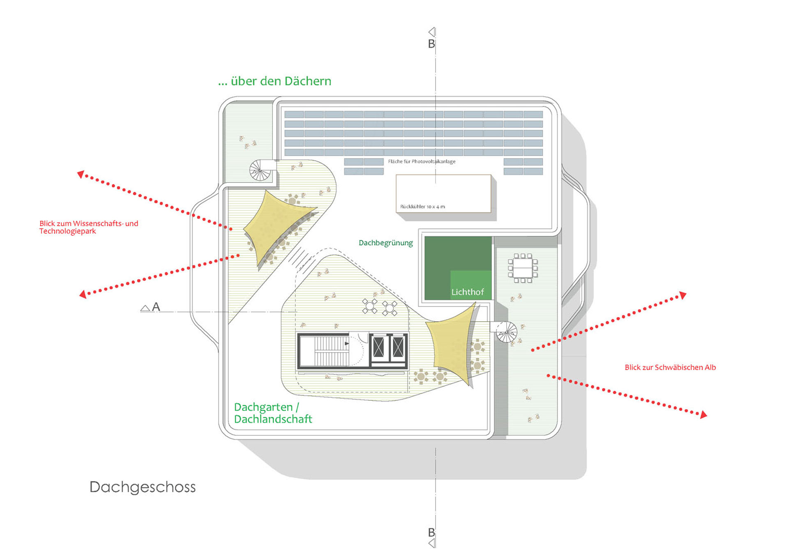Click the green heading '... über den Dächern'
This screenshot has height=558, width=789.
(275, 81)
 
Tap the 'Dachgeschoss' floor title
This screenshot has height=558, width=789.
(143, 487)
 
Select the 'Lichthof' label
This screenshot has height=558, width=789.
(468, 292)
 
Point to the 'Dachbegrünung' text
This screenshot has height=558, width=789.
(385, 243)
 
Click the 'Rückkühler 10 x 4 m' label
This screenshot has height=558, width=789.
(422, 207)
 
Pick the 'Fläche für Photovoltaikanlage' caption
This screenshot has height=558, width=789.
(422, 161)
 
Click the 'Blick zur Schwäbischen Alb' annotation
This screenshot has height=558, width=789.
(670, 367)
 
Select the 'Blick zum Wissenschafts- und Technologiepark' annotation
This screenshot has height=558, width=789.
(89, 227)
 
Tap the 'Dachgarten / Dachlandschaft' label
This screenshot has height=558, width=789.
(273, 413)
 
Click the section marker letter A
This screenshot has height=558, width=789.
(156, 307)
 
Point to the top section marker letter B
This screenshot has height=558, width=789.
(431, 44)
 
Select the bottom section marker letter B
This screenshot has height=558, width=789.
(431, 533)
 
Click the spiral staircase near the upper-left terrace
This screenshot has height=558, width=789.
(261, 170)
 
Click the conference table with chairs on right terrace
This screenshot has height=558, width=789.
(523, 268)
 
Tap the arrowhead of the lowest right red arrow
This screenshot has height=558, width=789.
(704, 415)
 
